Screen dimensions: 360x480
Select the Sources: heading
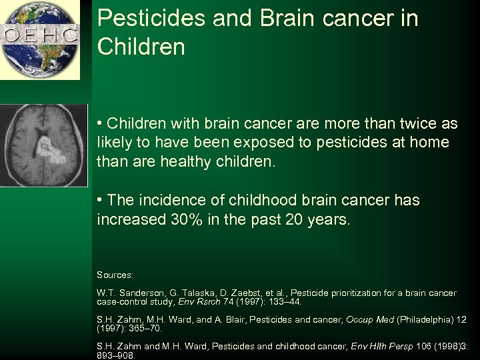click(115, 275)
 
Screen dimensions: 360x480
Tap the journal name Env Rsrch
click(211, 301)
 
